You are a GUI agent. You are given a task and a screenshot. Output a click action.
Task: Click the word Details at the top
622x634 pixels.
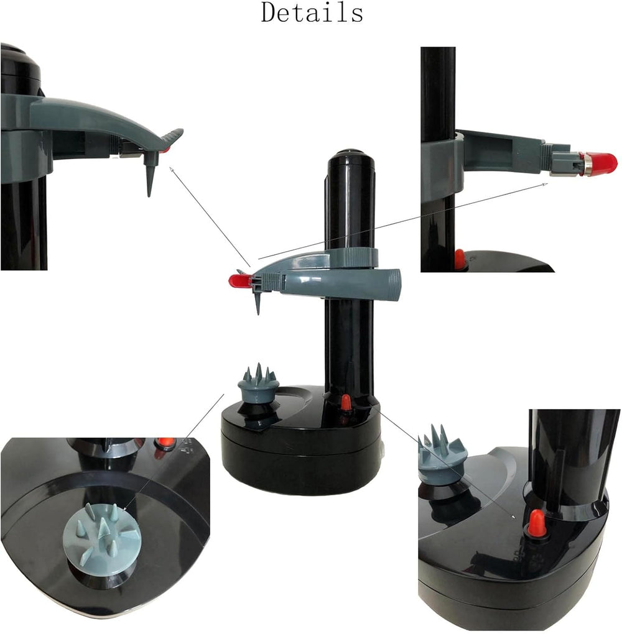[312, 12]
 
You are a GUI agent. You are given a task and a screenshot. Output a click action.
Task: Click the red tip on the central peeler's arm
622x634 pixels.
[239, 281]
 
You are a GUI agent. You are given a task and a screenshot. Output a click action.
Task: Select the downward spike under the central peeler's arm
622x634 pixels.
[257, 303]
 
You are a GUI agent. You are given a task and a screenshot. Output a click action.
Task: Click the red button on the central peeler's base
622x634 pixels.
[346, 403]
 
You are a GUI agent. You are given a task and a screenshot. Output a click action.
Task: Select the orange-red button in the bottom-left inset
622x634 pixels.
[165, 443]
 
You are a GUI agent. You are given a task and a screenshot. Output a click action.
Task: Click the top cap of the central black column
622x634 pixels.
[351, 156]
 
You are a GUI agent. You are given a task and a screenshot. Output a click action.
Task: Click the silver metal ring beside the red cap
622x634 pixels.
[585, 164]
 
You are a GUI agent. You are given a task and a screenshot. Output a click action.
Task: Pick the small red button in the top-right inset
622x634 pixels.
[460, 259]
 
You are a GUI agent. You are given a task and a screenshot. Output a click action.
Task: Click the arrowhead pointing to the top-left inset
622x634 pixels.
[171, 168]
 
